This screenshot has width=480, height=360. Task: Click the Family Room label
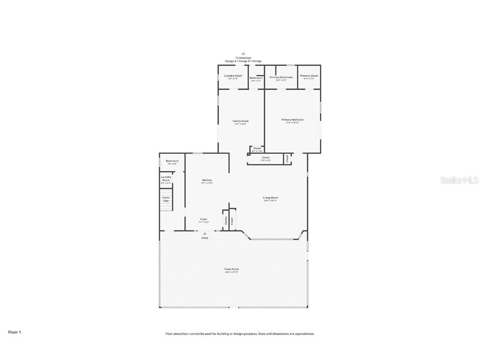(240, 121)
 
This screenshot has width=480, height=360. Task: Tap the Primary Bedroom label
(292, 120)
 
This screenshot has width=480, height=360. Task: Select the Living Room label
(270, 198)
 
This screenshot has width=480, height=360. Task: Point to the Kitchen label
(207, 180)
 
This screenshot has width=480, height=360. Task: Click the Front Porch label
(232, 270)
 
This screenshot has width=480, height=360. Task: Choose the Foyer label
(204, 219)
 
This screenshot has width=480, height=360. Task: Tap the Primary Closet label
(309, 76)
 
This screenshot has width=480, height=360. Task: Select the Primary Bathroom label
(281, 77)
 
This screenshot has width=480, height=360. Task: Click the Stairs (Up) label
(166, 199)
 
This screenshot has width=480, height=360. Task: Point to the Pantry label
(226, 220)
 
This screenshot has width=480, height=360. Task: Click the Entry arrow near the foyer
(205, 234)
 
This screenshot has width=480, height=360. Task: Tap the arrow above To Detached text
(243, 53)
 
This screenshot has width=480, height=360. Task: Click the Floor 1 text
(14, 332)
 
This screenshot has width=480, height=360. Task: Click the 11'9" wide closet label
(265, 158)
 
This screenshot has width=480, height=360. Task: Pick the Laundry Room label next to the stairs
(166, 179)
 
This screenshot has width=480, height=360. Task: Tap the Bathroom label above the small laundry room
(172, 161)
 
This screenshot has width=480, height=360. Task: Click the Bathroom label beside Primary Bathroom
(256, 78)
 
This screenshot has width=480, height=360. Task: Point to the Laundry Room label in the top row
(233, 76)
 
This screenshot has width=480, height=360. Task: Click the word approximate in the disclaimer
(305, 334)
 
